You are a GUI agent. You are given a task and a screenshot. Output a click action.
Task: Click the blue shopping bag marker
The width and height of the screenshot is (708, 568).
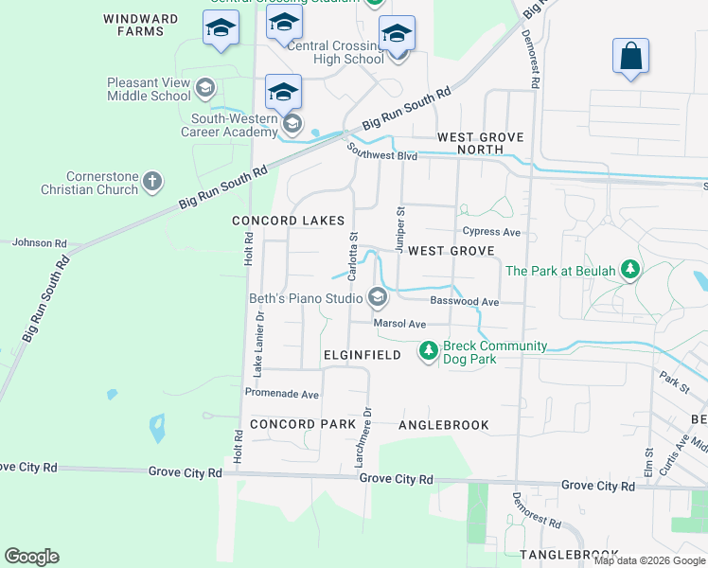pos(630,57)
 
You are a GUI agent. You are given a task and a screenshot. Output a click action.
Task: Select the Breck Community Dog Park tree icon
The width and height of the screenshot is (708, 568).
pos(429,351)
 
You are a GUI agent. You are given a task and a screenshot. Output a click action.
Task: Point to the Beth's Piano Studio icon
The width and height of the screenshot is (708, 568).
pos(377,299)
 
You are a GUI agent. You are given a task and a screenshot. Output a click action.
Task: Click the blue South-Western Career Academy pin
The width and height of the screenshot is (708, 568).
pos(283,93)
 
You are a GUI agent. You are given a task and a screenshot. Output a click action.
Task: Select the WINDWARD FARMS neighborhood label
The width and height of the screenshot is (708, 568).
pos(141,25)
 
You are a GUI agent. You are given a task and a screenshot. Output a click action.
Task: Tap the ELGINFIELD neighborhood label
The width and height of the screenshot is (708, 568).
pos(363,355)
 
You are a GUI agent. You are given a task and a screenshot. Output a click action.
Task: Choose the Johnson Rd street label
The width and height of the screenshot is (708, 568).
pos(39,243)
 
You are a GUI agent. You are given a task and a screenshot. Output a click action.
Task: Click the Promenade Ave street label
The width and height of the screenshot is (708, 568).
pos(282,394)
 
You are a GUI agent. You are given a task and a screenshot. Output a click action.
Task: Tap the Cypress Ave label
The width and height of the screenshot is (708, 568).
pos(491,232)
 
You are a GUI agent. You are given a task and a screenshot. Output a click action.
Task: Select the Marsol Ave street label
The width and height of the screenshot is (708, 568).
pos(399,324)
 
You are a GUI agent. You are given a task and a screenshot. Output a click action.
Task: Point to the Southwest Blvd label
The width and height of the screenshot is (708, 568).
pos(381,152)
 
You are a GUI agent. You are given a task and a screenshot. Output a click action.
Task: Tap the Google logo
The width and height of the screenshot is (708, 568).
pos(31,557)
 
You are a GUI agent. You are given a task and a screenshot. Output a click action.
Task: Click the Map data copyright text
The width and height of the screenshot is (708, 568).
pos(650,560)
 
